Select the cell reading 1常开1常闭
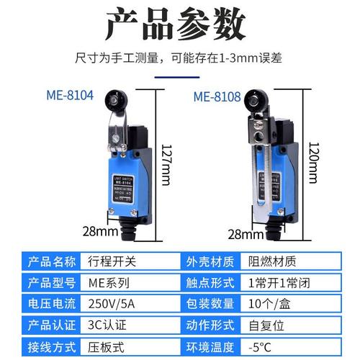[279, 282]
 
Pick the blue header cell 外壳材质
[212, 261]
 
